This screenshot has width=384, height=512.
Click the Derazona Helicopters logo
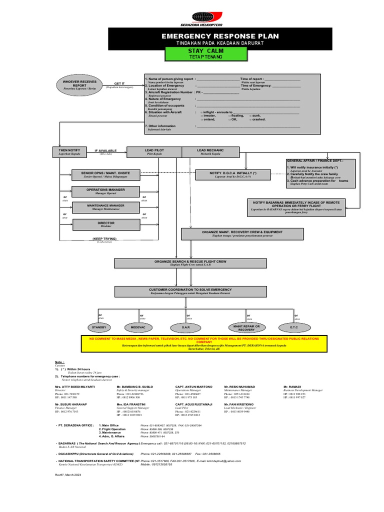point(201,18)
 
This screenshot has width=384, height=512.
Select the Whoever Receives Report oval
point(79,83)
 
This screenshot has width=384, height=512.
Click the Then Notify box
point(69,152)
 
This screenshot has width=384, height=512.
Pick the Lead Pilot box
point(154,152)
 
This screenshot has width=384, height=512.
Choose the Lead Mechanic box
point(210,152)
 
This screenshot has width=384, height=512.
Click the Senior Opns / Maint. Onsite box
point(105,174)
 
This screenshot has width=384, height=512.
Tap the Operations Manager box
point(105,191)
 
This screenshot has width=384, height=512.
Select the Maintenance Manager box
point(105,207)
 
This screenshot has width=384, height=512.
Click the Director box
point(105,224)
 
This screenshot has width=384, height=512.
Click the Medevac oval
point(138,327)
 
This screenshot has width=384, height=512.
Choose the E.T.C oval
point(293,327)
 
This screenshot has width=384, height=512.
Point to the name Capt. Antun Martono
point(193,387)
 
